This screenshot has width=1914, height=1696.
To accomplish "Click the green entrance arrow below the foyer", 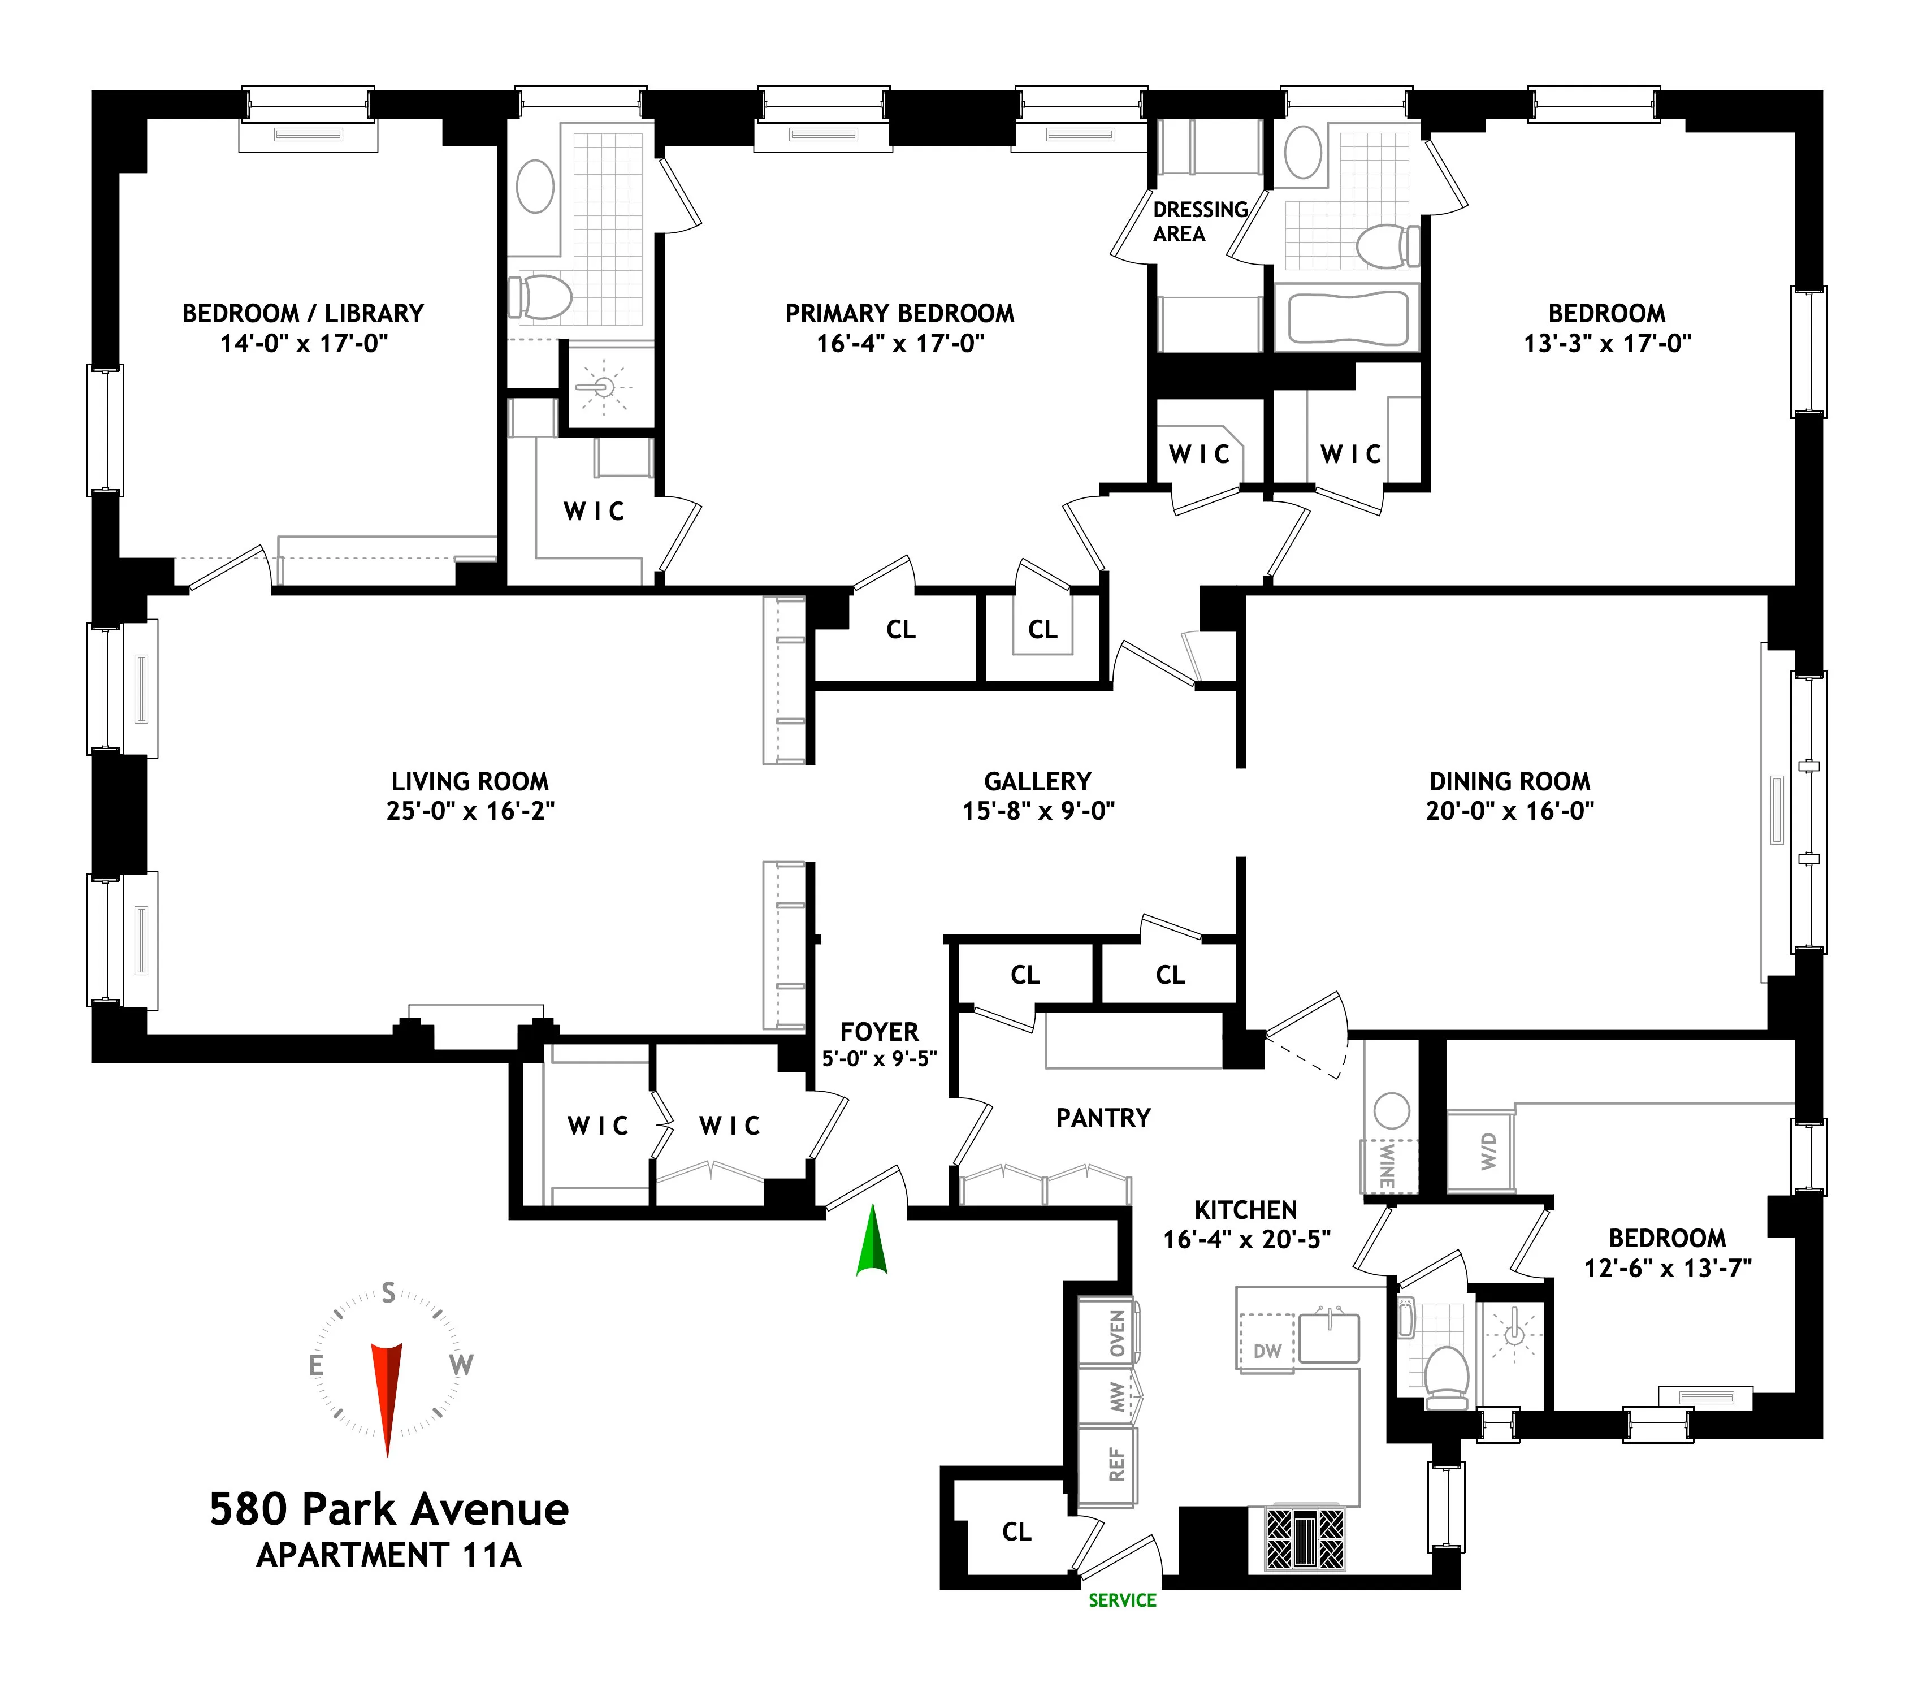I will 871,1243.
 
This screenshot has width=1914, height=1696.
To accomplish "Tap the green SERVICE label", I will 1122,1600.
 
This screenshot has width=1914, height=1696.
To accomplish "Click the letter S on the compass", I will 388,1293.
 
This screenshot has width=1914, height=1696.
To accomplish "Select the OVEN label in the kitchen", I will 1117,1332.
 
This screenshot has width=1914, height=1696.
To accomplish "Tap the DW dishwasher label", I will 1266,1351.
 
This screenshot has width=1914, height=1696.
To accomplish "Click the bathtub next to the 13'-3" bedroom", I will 1348,318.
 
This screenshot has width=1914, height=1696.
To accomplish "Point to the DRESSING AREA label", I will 1200,222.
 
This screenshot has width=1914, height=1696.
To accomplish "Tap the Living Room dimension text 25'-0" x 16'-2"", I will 470,811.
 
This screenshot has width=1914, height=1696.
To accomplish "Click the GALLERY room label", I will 1037,781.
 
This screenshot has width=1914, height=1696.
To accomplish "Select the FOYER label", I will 880,1032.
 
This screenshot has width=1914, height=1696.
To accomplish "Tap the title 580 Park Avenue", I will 388,1509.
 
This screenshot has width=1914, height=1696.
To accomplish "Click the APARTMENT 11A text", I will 388,1555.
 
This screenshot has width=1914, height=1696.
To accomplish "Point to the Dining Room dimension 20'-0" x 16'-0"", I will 1509,811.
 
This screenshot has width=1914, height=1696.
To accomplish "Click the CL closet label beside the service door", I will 1016,1531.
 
